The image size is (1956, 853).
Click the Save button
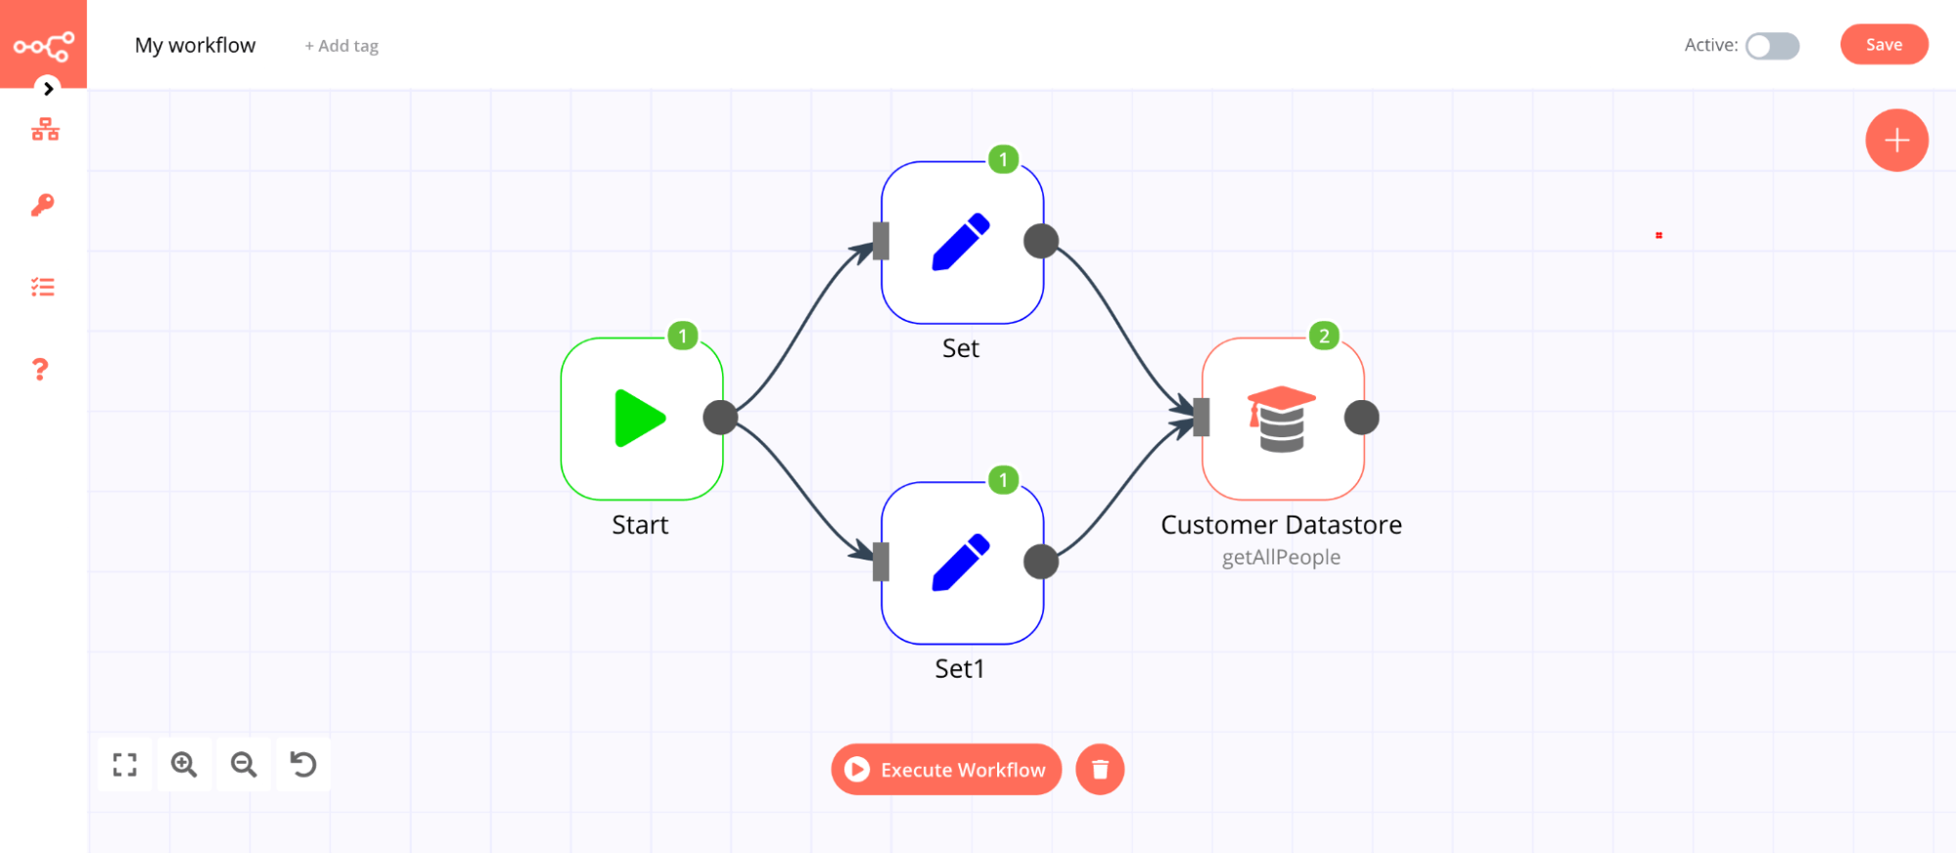coord(1883,45)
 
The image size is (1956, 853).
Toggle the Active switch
coord(1772,46)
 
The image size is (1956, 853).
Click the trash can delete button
coord(1100,770)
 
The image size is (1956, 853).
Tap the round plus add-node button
coord(1896,140)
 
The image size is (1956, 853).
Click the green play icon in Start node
coord(639,419)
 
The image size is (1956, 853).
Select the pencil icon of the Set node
coord(961,242)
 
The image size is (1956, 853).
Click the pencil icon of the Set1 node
coord(961,562)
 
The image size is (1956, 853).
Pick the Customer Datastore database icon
coord(1281,419)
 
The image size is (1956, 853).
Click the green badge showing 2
coord(1324,336)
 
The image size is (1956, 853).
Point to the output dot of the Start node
coord(720,418)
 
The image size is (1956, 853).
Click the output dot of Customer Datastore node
coord(1361,418)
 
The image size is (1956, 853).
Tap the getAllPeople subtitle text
coord(1281,558)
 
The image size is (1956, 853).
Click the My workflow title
coord(195,45)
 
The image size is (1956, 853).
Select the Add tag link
coord(341,46)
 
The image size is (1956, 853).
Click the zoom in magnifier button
coord(184,764)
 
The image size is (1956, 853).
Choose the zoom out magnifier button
coord(244,764)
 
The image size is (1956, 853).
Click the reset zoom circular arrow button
coord(303,764)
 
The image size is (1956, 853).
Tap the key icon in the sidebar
coord(43,204)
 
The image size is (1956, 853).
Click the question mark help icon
coord(40,370)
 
